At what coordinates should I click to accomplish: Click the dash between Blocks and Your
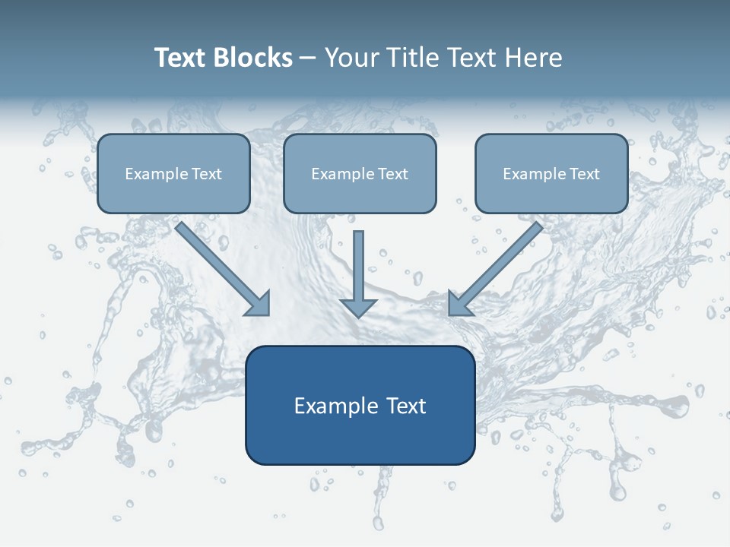[308, 58]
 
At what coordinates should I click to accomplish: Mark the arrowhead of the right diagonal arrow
[459, 305]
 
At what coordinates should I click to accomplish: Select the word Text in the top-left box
[206, 174]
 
